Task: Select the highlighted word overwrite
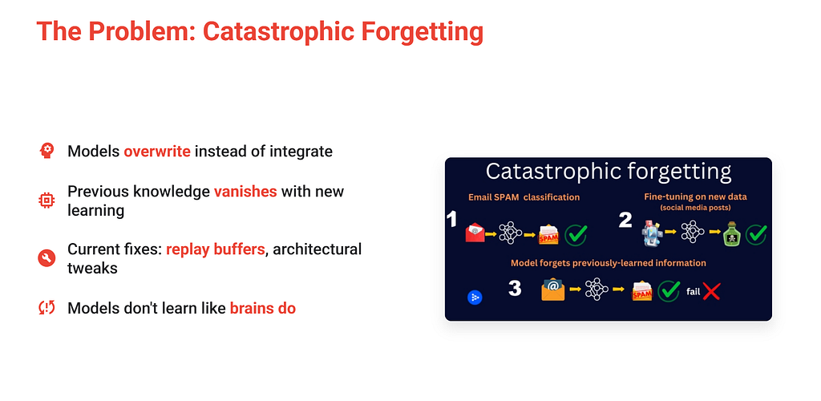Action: tap(157, 152)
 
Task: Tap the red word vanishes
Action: tap(245, 192)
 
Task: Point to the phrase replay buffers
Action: tap(215, 249)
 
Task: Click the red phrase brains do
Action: tap(263, 308)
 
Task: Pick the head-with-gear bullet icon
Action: tap(47, 151)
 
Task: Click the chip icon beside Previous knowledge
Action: tap(47, 200)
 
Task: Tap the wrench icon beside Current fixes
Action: tap(47, 258)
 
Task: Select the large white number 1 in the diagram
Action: tap(452, 220)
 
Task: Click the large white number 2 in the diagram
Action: tap(625, 220)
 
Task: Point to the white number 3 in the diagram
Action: tap(516, 288)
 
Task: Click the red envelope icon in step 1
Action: tap(475, 233)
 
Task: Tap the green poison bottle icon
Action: tap(730, 234)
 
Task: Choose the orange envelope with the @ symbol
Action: tap(553, 290)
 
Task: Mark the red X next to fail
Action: tap(712, 291)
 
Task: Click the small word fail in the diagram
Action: tap(694, 291)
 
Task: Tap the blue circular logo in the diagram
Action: tap(475, 298)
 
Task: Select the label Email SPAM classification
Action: tap(524, 197)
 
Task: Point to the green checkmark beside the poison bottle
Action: tap(756, 234)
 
